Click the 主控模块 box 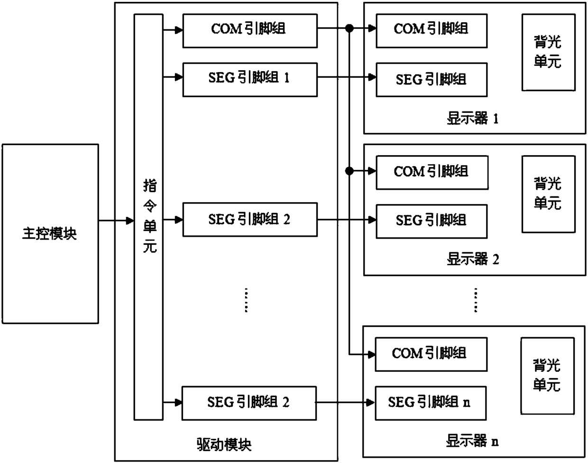[50, 233]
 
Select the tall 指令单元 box [148, 217]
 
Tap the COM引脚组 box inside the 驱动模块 [249, 31]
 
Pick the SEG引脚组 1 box [249, 79]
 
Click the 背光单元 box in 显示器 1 [548, 52]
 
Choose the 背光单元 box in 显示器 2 [548, 194]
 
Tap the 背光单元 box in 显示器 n [547, 376]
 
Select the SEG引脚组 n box [431, 403]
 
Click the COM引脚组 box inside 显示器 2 [432, 173]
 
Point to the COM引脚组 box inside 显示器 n [431, 354]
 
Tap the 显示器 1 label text [473, 119]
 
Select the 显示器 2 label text [473, 259]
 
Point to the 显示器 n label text [472, 442]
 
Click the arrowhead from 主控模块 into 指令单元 [129, 221]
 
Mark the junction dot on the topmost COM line [349, 28]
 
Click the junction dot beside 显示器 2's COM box [349, 171]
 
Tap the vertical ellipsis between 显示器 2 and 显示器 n [476, 300]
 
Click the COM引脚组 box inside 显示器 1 [432, 31]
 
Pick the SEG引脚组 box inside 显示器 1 [432, 79]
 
